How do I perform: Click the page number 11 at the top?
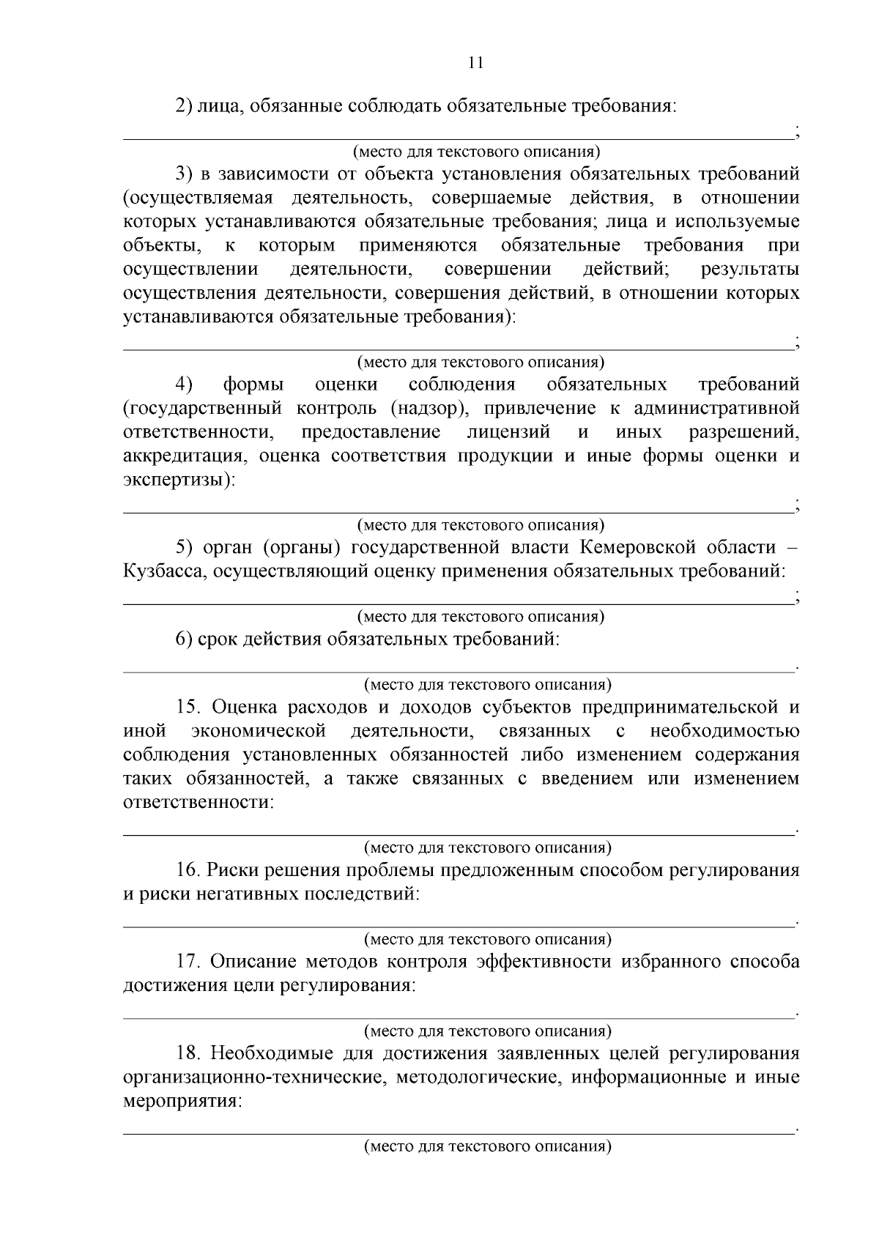(475, 63)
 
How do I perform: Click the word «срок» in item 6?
(218, 639)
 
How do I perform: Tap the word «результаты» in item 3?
(749, 269)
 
